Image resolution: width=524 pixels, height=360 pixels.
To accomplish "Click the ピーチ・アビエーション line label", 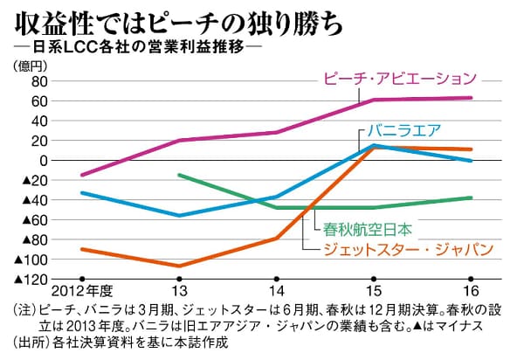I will [400, 77].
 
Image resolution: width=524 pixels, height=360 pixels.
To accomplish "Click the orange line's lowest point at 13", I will [178, 266].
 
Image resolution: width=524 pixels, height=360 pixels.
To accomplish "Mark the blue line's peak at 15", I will [374, 145].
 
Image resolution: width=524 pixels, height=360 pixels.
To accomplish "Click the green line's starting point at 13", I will [178, 175].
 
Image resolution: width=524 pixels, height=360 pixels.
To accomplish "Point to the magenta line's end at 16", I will [472, 98].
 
